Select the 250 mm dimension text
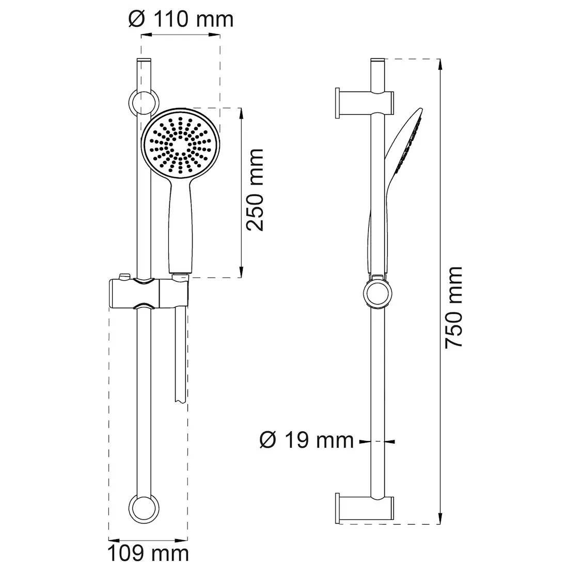[x=255, y=190]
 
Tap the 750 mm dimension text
[x=453, y=308]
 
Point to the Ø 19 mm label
[x=306, y=440]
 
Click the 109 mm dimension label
[x=148, y=553]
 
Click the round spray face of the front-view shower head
[x=180, y=145]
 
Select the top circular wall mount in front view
[x=144, y=103]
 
